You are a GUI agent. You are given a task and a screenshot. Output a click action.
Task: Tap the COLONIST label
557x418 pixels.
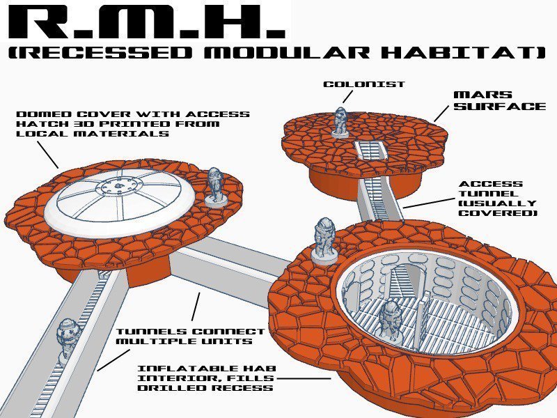pyautogui.click(x=354, y=84)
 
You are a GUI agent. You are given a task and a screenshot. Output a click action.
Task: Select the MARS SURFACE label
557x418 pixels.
pyautogui.click(x=499, y=100)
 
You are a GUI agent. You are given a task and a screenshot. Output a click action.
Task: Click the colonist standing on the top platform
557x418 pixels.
pyautogui.click(x=340, y=121)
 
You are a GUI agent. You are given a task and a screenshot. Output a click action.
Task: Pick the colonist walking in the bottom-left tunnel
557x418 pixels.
pyautogui.click(x=68, y=338)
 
